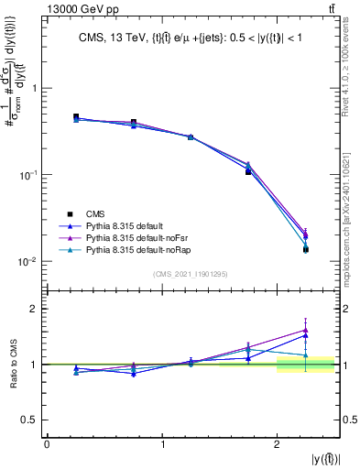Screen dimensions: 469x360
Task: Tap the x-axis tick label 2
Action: coord(277,444)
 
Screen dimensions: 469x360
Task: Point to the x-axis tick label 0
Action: coord(47,444)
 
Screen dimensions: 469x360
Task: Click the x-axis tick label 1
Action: coord(162,444)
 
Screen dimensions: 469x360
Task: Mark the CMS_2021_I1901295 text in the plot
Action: coord(191,275)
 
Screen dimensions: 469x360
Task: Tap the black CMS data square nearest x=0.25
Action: coord(76,117)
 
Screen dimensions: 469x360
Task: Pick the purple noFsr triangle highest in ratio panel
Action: coord(305,330)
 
